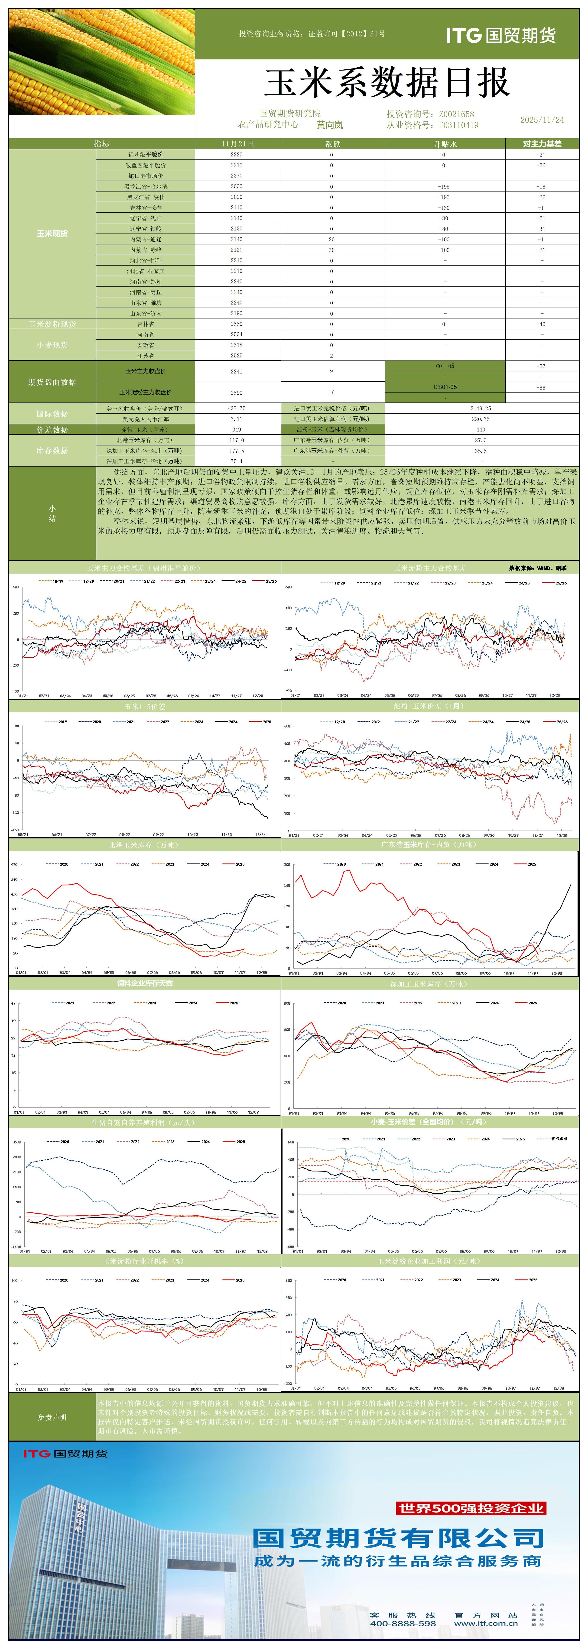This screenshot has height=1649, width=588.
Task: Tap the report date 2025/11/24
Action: pos(542,120)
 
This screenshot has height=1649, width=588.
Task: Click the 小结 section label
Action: pos(52,513)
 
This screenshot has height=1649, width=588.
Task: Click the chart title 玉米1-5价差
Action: pos(145,706)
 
